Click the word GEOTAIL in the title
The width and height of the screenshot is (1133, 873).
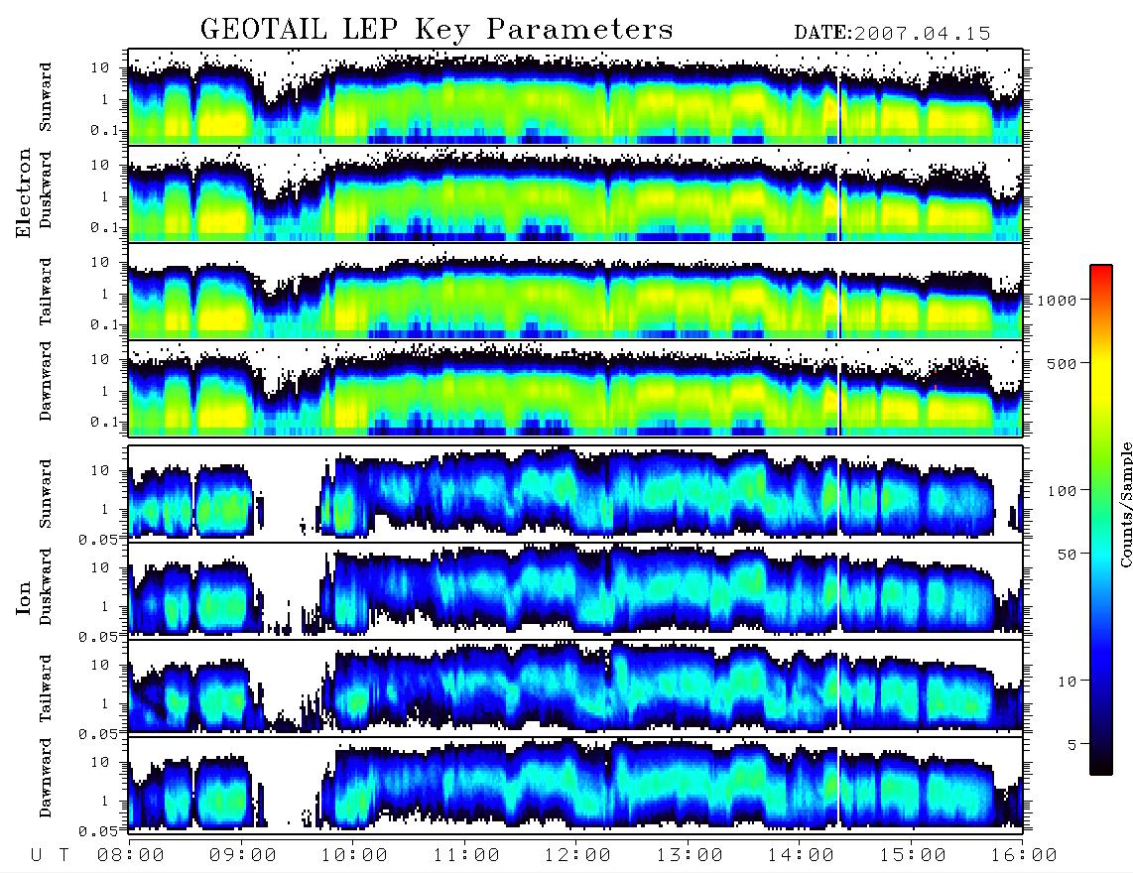(263, 30)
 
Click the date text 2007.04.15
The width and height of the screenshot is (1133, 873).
(922, 34)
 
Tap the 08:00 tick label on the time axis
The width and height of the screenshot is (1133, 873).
(131, 855)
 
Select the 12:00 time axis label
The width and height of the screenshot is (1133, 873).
(577, 855)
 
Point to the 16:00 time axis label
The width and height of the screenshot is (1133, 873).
(1024, 855)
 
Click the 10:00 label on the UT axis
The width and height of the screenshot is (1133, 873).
(354, 855)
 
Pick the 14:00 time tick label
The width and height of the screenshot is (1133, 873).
(801, 855)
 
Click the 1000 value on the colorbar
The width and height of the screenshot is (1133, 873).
(1057, 300)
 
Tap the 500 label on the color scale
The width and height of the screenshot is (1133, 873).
(1062, 363)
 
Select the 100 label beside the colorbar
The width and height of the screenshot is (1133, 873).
(1062, 491)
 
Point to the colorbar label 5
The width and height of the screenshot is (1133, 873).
(1071, 745)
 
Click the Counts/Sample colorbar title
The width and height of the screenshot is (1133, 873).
(1125, 504)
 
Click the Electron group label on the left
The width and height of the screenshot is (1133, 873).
(23, 192)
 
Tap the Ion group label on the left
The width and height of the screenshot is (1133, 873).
(23, 597)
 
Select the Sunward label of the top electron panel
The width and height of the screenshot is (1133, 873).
(45, 97)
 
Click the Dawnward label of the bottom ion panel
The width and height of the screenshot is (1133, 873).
(45, 777)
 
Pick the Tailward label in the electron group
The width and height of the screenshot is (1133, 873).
(45, 292)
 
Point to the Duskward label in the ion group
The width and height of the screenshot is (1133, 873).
(45, 586)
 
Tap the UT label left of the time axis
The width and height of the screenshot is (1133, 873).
(51, 855)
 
